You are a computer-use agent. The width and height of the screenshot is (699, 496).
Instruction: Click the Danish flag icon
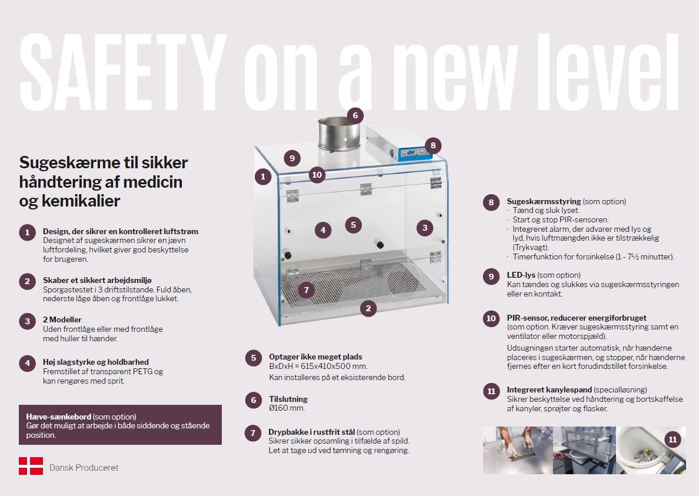31,465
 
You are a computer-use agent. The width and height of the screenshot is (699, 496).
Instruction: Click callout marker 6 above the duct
355,116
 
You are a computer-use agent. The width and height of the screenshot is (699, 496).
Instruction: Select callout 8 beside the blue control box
433,145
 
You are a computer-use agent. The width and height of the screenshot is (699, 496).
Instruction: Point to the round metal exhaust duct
339,134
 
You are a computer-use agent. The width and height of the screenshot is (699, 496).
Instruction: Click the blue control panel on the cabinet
415,153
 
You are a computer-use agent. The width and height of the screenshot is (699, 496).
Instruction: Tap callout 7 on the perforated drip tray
307,290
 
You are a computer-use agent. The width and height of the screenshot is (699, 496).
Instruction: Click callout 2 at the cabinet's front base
368,308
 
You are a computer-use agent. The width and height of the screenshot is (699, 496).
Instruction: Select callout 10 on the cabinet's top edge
317,175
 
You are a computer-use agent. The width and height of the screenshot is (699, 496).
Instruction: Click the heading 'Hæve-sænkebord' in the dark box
58,417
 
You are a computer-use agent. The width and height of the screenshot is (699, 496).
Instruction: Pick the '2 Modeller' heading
62,319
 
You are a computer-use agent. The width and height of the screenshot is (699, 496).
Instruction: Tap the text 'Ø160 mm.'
287,408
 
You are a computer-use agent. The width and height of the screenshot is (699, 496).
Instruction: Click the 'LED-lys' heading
521,275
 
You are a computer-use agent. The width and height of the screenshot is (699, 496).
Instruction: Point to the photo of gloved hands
518,450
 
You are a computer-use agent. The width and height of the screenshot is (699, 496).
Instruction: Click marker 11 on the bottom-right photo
673,440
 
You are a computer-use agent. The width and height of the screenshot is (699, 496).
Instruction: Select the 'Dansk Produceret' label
84,468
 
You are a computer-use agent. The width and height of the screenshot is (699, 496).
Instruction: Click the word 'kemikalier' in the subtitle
81,201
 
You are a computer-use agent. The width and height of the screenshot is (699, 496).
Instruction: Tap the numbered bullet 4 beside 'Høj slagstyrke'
27,363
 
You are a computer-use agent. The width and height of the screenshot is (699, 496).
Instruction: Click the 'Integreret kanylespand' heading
549,390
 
